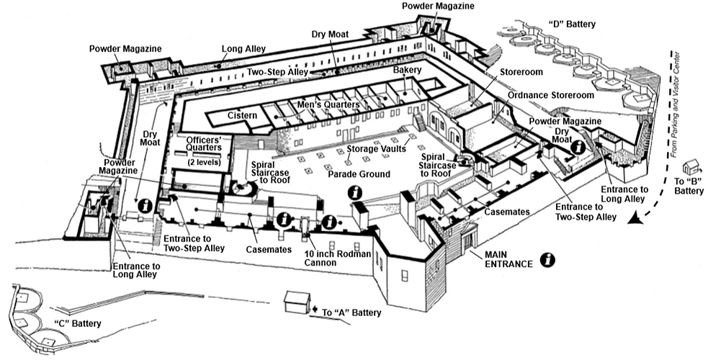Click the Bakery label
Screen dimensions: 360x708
407,71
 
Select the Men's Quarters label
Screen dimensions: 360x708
329,105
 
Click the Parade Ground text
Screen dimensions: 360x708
359,174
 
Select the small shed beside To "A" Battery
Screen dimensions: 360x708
296,302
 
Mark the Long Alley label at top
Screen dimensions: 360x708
243,49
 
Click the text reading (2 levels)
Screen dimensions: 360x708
205,162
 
